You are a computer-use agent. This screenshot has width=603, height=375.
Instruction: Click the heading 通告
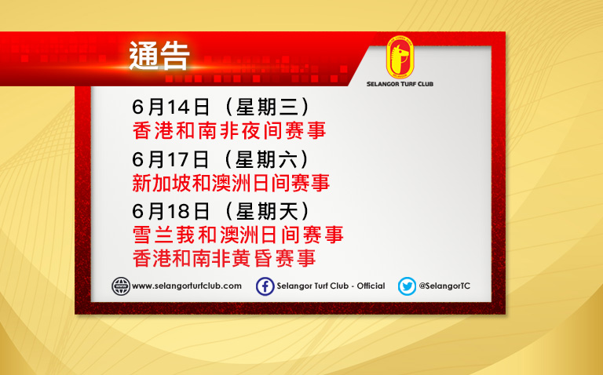click(159, 56)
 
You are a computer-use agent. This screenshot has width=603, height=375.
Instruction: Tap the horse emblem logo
click(400, 57)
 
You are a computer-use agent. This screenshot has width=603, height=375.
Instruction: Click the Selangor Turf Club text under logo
click(400, 84)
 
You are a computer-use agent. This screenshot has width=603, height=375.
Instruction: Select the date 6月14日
click(170, 107)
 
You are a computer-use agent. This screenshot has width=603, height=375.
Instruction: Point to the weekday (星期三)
click(268, 107)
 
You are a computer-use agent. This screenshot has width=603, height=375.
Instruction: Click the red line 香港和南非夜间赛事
click(229, 131)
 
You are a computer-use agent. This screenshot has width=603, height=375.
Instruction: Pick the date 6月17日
click(170, 159)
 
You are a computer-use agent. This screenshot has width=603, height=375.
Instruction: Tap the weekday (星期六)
click(268, 159)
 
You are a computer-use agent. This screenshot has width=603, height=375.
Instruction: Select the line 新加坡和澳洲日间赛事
click(231, 183)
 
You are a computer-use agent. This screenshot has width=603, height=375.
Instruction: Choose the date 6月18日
click(170, 211)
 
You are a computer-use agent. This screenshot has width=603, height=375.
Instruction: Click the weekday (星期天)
click(268, 211)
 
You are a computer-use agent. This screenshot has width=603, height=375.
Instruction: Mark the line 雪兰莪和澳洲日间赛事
click(238, 235)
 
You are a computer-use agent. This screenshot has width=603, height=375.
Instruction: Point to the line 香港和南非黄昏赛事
click(225, 258)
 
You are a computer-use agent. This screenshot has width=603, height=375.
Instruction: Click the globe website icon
click(121, 286)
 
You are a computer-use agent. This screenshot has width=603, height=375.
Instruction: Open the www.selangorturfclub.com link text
click(187, 286)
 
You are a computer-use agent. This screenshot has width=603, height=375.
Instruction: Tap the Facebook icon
click(265, 286)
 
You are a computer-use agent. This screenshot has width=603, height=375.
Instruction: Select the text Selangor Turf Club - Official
click(331, 286)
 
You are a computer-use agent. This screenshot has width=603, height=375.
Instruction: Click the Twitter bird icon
click(407, 286)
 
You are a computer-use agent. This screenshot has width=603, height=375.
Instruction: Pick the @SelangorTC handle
click(444, 286)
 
